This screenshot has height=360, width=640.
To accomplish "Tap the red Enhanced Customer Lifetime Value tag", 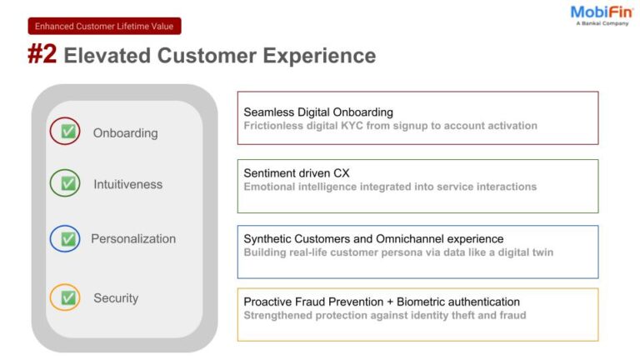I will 104,26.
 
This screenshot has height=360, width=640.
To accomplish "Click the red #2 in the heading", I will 42,55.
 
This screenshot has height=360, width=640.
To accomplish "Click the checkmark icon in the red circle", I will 67,132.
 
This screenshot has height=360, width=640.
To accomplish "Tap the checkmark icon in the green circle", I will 67,183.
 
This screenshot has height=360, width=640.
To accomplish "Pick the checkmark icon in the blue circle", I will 67,238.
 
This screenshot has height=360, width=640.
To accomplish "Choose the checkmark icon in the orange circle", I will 67,297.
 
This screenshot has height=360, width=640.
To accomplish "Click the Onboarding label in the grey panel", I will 125,132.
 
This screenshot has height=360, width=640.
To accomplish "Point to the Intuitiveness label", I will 127,184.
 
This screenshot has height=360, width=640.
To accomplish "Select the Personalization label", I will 133,238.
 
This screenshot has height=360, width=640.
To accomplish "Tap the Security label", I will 116,297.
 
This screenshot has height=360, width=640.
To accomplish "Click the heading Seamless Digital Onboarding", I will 317,112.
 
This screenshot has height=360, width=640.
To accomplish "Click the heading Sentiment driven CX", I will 296,172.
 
